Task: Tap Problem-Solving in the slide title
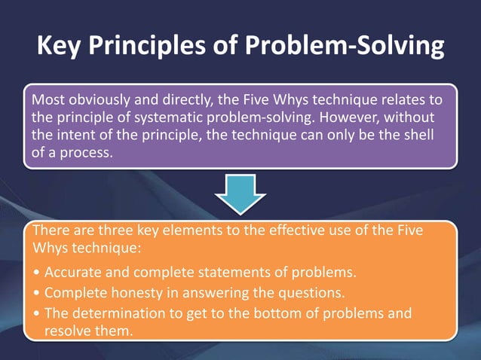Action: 347,46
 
